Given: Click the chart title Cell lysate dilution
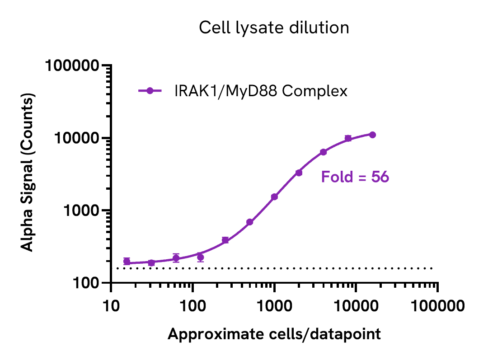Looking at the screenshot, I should click(274, 28).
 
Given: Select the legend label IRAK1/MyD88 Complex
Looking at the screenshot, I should click(261, 91).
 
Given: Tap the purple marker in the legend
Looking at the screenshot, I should click(150, 91).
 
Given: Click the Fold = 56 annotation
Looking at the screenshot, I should click(355, 177).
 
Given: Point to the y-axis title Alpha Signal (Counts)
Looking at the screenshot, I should click(28, 173).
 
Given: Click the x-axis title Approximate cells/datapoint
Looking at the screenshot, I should click(274, 334).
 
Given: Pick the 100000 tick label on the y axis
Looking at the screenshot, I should click(72, 66).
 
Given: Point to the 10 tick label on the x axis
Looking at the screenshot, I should click(111, 306).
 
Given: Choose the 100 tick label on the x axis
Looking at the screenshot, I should click(193, 306).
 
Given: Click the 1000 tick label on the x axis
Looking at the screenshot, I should click(274, 306).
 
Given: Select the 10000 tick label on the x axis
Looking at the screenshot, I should click(356, 306).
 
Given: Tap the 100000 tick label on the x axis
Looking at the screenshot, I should click(437, 306).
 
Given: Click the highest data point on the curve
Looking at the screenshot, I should click(372, 135).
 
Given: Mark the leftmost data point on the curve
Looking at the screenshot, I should click(127, 261).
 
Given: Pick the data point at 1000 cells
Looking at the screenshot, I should click(274, 196).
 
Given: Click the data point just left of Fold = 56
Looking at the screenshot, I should click(299, 173).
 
